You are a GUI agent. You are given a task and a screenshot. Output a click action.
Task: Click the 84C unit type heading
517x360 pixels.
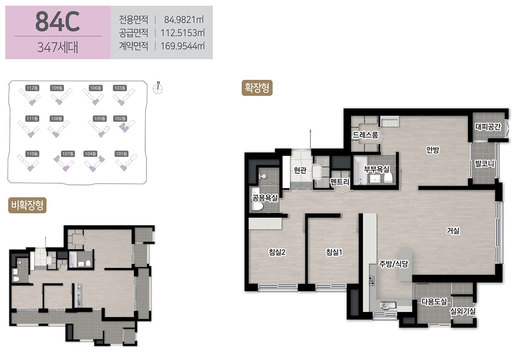tap(58, 22)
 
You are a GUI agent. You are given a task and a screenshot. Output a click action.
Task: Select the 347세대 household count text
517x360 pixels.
tap(58, 47)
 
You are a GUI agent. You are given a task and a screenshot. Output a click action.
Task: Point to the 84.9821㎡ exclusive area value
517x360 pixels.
tap(184, 20)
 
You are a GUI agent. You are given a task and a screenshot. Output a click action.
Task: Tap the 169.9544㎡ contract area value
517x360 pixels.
tap(183, 46)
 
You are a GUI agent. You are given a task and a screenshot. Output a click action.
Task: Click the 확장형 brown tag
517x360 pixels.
tap(257, 88)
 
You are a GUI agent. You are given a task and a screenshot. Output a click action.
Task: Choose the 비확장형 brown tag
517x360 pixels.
tap(27, 205)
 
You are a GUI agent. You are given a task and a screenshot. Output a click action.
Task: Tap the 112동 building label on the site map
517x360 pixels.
tap(32, 88)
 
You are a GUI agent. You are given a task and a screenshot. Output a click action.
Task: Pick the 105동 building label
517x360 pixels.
tap(100, 119)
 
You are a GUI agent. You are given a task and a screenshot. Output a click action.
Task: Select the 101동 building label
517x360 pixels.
tap(121, 154)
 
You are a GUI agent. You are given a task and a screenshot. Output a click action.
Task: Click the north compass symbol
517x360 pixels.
tap(158, 88)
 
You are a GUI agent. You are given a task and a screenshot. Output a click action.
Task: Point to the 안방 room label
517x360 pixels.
tap(433, 150)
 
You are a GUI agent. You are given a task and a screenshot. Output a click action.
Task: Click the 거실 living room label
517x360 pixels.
tap(453, 230)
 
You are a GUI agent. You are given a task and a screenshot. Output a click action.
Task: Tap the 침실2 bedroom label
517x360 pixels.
tap(277, 252)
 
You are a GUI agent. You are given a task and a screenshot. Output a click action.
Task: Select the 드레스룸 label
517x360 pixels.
tap(365, 135)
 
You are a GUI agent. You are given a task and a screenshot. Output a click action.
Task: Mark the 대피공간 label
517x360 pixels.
tap(488, 127)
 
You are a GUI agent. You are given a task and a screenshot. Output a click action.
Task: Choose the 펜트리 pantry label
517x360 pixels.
tap(339, 182)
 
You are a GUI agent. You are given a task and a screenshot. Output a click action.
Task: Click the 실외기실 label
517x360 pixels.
tap(463, 311)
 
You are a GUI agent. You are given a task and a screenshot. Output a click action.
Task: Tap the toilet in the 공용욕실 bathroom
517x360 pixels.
tap(257, 206)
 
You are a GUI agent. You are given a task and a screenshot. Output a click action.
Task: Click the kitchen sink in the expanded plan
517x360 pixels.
tap(388, 305)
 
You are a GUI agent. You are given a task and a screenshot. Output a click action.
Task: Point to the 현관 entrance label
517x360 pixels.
tap(300, 170)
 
